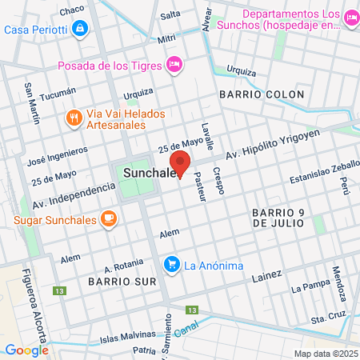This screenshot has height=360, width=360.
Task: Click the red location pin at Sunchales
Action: (181, 164)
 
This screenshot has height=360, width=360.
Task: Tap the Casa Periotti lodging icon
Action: (79, 30)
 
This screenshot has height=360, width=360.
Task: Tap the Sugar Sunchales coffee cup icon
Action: (108, 218)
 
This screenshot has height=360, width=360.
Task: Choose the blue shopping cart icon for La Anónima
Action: (170, 264)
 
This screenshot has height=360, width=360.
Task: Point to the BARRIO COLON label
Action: (261, 94)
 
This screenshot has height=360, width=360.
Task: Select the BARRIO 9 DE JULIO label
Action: (277, 218)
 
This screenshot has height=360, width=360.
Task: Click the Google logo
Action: (26, 350)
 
